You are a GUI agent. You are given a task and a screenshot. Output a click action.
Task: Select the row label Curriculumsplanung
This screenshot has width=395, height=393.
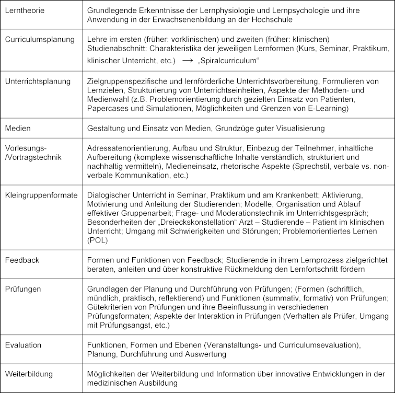point(36,40)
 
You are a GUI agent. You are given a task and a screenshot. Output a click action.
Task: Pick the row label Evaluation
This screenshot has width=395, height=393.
point(24,345)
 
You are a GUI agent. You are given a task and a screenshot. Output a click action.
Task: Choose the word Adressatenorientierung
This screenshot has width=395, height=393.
point(130,148)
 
